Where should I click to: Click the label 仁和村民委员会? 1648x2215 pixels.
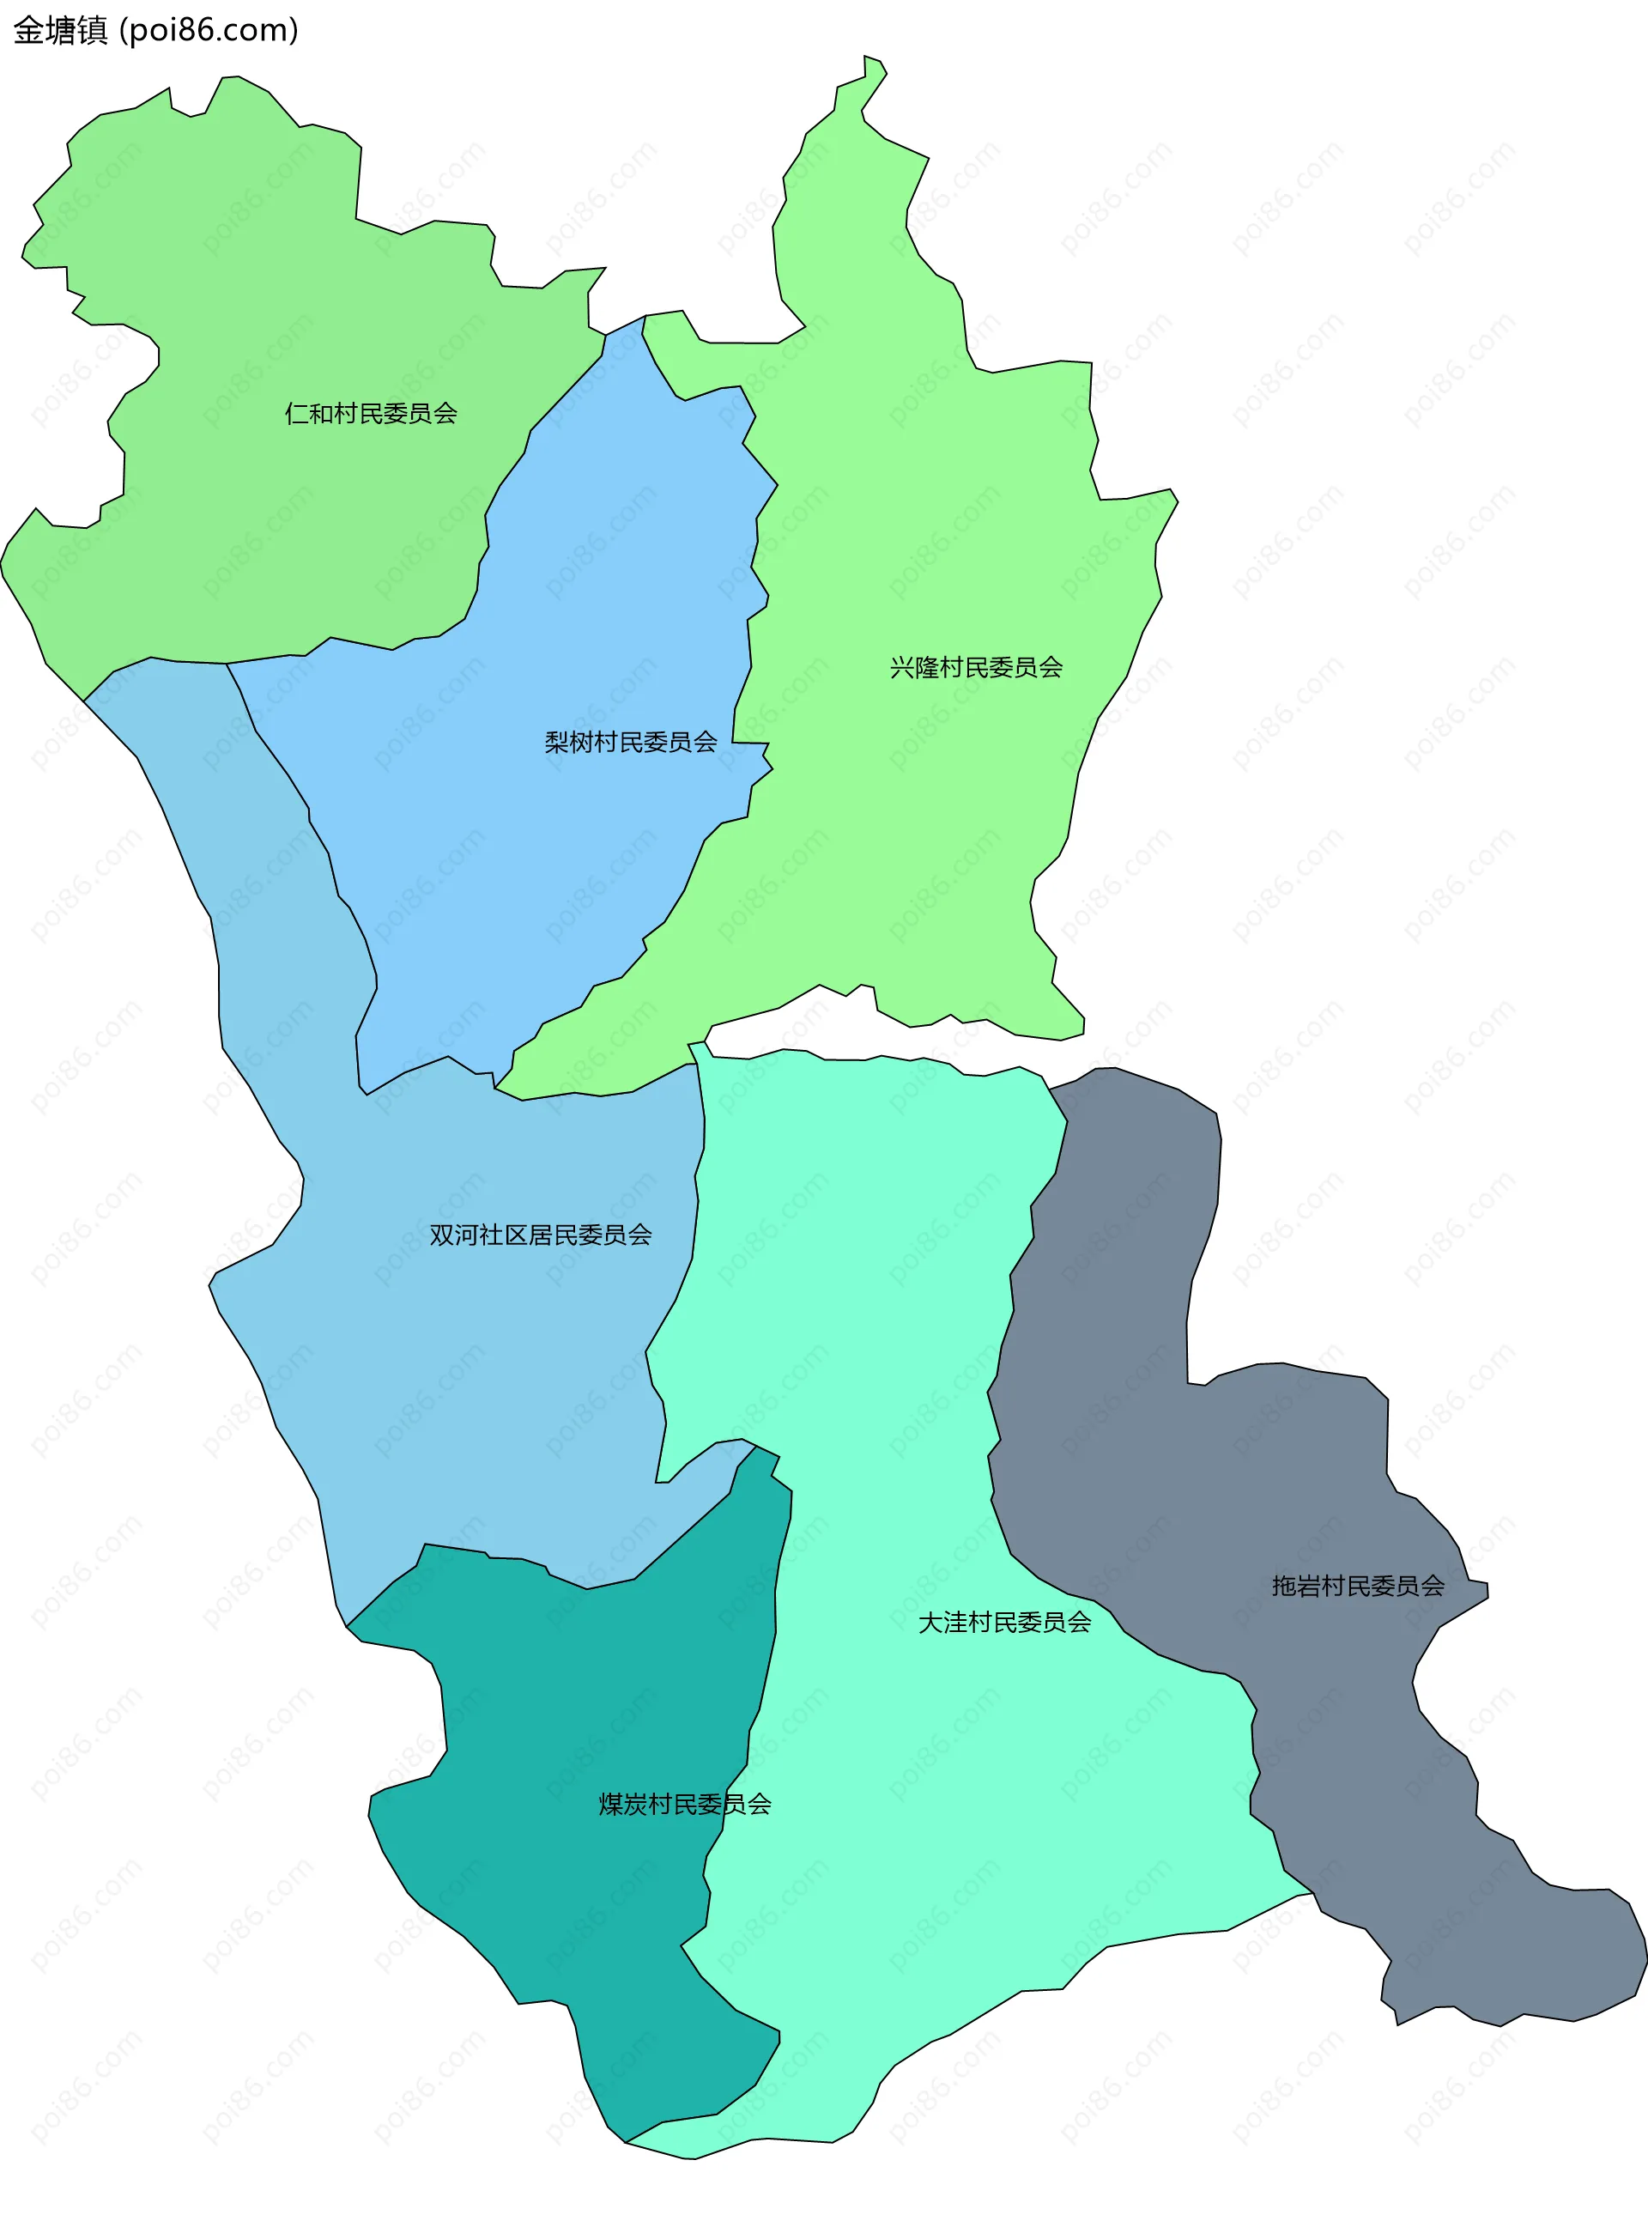pyautogui.click(x=370, y=413)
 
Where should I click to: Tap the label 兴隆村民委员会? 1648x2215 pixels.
pyautogui.click(x=976, y=667)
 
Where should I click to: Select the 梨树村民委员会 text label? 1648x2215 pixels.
pyautogui.click(x=631, y=743)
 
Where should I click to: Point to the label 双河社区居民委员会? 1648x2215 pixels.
pyautogui.click(x=540, y=1235)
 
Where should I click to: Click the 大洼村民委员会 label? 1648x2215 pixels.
pyautogui.click(x=1003, y=1623)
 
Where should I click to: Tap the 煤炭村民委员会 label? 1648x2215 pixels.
pyautogui.click(x=684, y=1804)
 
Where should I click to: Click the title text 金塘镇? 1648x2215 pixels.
pyautogui.click(x=60, y=31)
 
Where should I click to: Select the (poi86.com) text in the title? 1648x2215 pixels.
pyautogui.click(x=209, y=31)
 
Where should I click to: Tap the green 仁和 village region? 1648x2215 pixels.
pyautogui.click(x=250, y=300)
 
